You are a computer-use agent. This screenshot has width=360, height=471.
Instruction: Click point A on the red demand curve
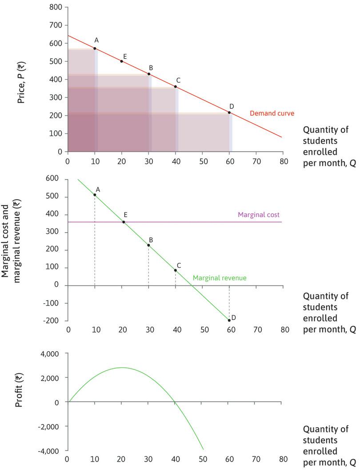tap(95, 48)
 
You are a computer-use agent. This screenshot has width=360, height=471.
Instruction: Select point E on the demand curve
tap(121, 61)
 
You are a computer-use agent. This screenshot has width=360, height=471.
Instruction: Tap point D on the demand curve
tap(229, 113)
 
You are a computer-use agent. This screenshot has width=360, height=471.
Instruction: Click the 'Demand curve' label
tap(266, 113)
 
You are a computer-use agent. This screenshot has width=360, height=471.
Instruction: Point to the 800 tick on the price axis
tap(56, 8)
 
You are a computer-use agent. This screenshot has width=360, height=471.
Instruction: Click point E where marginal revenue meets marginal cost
tap(124, 222)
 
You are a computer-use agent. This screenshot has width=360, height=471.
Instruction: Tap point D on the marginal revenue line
tap(229, 320)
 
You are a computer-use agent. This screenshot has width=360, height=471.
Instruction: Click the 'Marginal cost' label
tap(259, 214)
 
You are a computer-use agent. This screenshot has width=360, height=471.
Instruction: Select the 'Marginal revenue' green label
tap(220, 278)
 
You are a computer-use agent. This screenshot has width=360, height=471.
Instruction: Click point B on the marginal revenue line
tap(148, 246)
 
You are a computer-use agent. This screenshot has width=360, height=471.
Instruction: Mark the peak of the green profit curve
tap(122, 367)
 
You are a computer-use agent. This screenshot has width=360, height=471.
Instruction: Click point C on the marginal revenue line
tap(176, 270)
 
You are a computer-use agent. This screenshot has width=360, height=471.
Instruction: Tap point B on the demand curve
tap(149, 74)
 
